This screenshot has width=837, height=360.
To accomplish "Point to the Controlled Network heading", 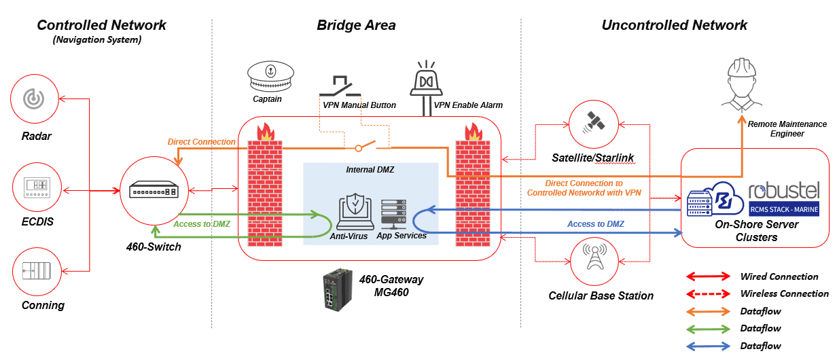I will pos(101,25).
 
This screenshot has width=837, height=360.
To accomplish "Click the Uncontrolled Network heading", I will pos(674,25).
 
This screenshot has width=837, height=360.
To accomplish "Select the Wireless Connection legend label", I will pos(784,294).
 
